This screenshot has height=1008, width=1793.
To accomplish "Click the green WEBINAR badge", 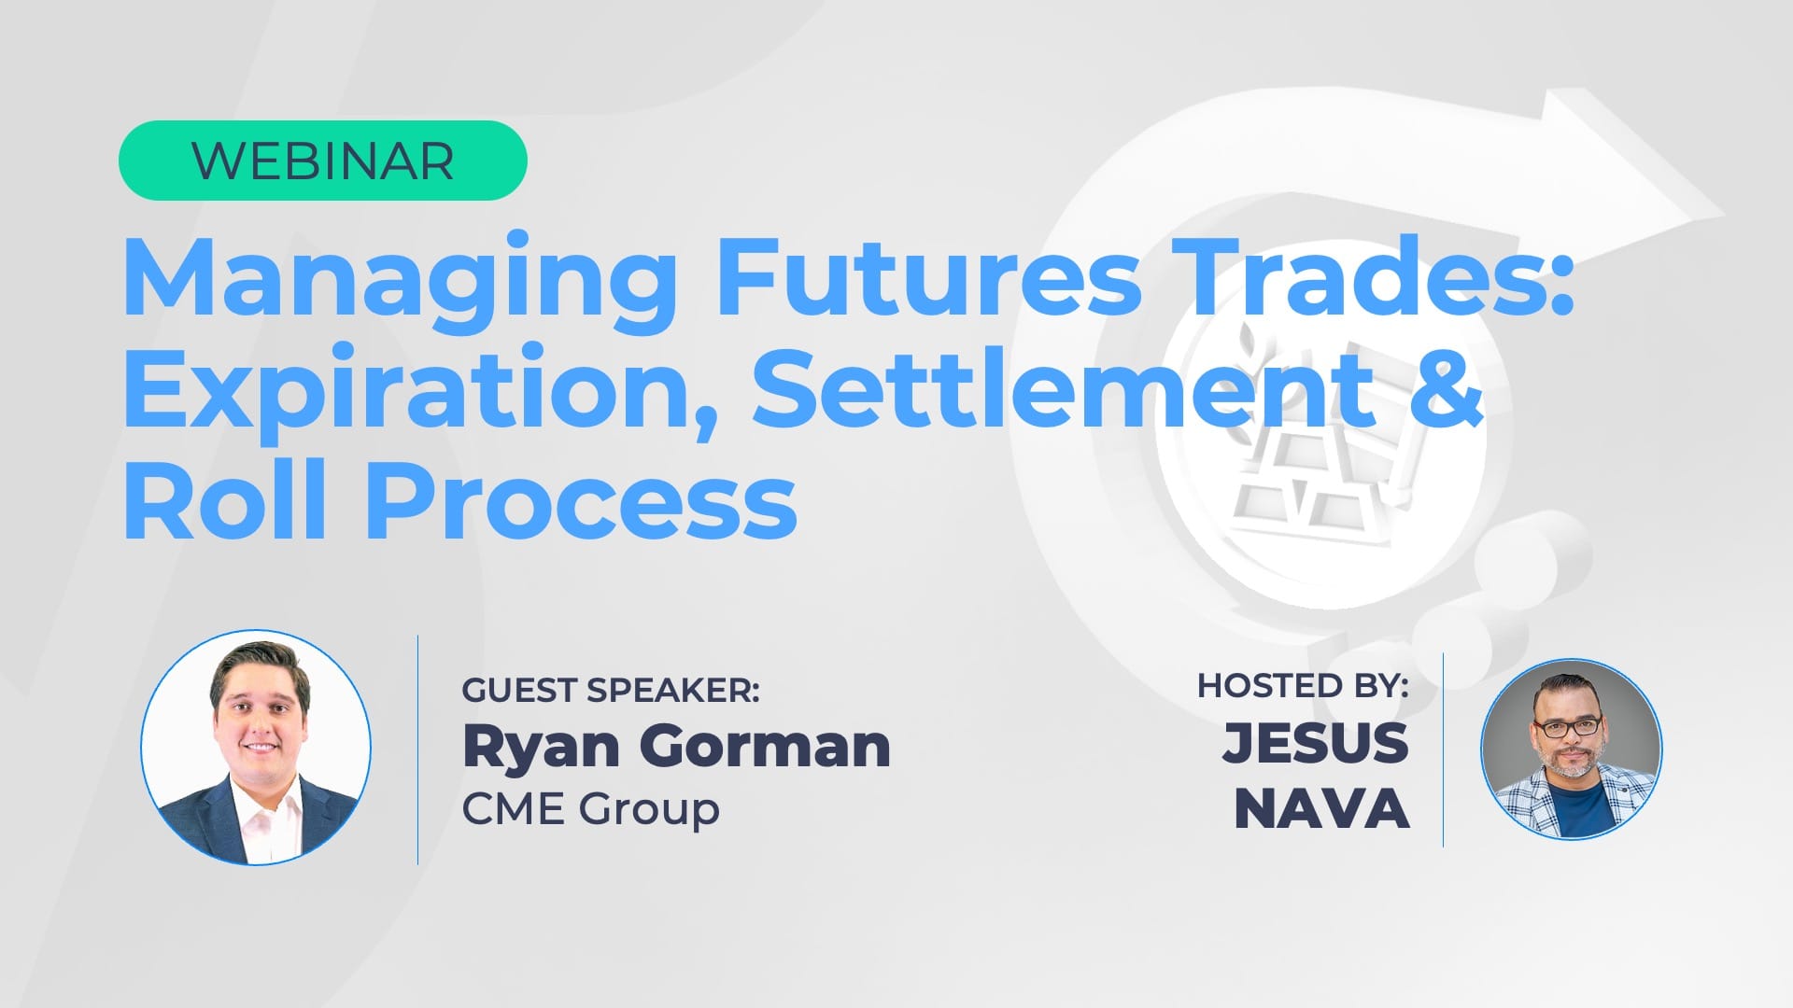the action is (x=322, y=161).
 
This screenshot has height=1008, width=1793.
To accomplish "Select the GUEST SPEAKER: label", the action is (x=611, y=691).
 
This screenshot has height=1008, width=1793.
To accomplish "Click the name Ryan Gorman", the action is (x=676, y=747).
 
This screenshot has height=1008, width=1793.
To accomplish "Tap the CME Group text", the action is (x=590, y=808).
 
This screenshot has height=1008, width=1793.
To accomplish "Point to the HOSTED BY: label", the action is (x=1303, y=686).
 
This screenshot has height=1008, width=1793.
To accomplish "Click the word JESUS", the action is (x=1315, y=743).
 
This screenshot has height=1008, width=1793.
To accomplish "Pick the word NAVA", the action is (x=1321, y=808).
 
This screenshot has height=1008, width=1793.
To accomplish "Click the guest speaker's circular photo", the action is (x=256, y=748).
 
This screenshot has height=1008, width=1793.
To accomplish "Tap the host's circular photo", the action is (x=1572, y=749).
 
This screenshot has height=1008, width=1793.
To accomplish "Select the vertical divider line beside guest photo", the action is (x=417, y=750).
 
